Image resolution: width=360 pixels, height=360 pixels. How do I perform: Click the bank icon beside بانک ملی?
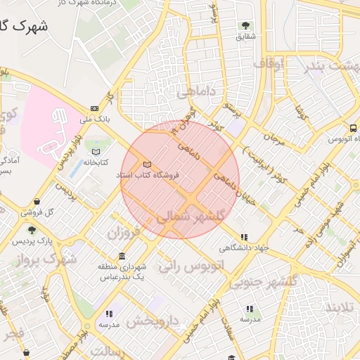(x=94, y=108)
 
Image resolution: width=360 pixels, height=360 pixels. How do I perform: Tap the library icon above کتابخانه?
(x=96, y=151)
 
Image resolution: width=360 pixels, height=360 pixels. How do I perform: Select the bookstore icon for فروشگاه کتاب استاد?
(x=147, y=164)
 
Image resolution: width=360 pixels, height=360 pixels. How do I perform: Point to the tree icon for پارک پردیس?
(x=31, y=230)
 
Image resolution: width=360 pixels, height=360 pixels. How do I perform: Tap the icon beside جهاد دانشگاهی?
(x=244, y=238)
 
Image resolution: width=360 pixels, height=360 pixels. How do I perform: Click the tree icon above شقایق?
(x=245, y=25)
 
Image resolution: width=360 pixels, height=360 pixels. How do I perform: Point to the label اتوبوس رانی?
(x=191, y=266)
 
